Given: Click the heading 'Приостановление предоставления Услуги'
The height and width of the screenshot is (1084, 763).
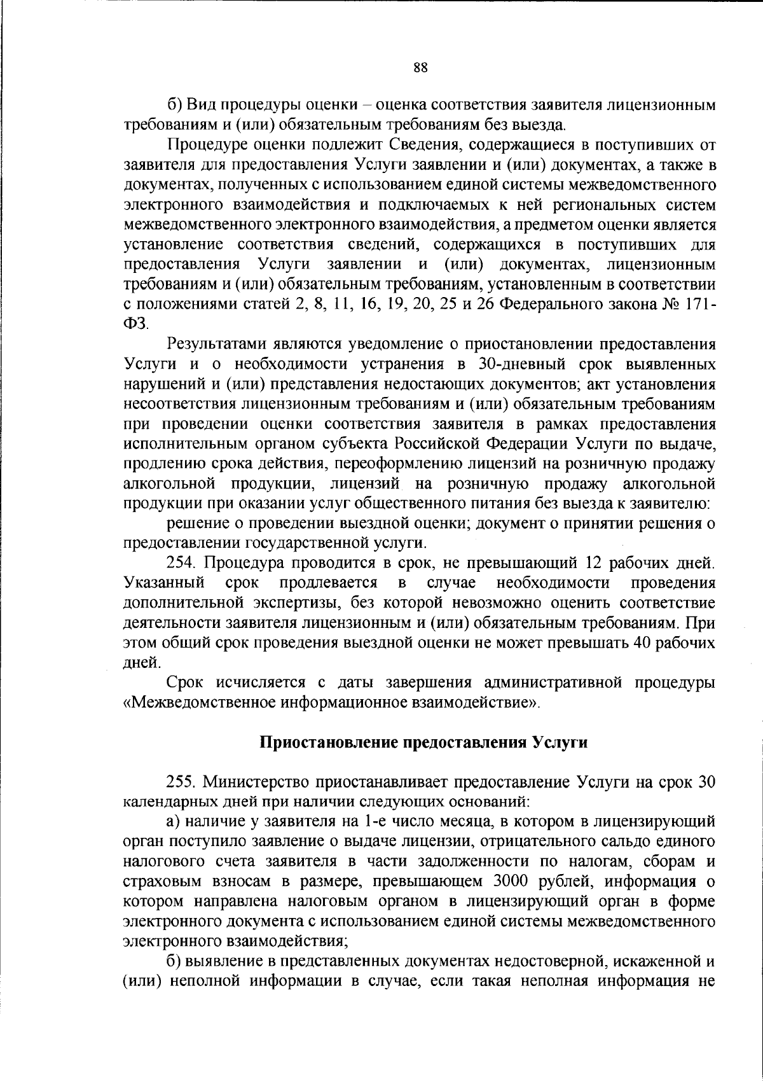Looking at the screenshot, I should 424,742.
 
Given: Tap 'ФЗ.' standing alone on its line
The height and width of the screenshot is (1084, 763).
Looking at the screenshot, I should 135,323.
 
